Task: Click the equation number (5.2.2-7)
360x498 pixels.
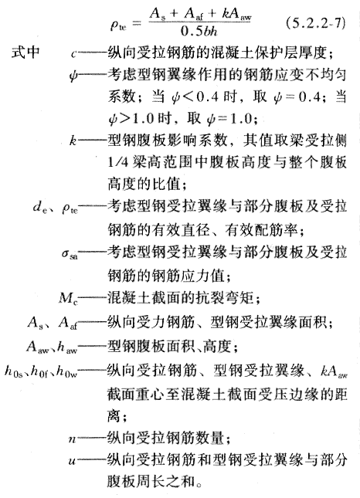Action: (x=315, y=24)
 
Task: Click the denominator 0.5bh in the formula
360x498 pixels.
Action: (x=199, y=31)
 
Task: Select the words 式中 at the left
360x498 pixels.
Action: (x=25, y=52)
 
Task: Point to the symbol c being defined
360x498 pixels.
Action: (x=73, y=54)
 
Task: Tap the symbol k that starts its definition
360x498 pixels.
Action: (x=73, y=140)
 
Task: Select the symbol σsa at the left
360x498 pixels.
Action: (x=70, y=254)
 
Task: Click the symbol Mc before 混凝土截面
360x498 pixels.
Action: (x=68, y=299)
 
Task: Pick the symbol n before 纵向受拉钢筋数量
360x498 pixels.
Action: (x=72, y=439)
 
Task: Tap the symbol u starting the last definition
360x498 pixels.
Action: (x=72, y=461)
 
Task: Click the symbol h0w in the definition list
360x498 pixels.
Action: (x=67, y=371)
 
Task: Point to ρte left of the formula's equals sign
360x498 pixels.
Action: (x=118, y=25)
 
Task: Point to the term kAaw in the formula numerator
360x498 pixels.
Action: (x=237, y=15)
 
